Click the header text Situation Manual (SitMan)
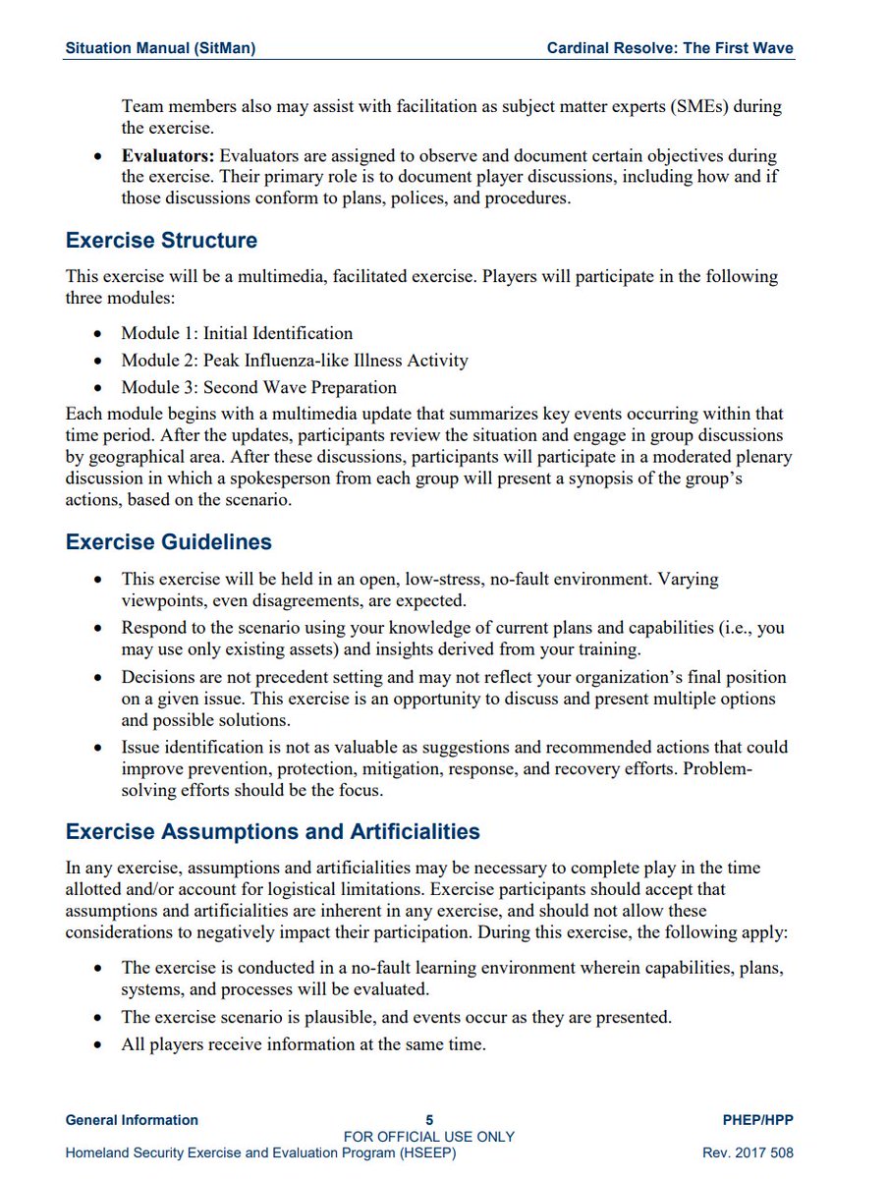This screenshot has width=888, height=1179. coord(160,48)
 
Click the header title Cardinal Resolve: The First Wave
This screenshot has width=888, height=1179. coord(670,48)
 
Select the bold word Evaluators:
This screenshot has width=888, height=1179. coord(168,155)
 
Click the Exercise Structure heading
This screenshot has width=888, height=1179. coord(161,241)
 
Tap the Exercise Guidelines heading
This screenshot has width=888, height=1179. coord(168,542)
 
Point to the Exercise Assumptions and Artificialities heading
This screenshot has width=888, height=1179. coord(272,831)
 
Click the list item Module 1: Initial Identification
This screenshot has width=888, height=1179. coord(237,333)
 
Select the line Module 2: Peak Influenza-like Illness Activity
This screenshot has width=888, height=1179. coord(295,361)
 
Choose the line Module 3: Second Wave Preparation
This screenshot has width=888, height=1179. coord(259,387)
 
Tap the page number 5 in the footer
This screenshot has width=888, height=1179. coord(429,1120)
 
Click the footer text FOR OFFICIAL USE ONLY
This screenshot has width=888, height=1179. coord(429,1137)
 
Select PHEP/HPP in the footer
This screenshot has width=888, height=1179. coord(756,1120)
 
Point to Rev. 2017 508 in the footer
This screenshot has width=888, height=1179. coord(749,1152)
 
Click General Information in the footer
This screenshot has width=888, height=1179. coord(132,1120)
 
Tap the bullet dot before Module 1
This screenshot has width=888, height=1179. coord(97,334)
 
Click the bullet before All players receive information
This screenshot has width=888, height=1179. coord(97,1045)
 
